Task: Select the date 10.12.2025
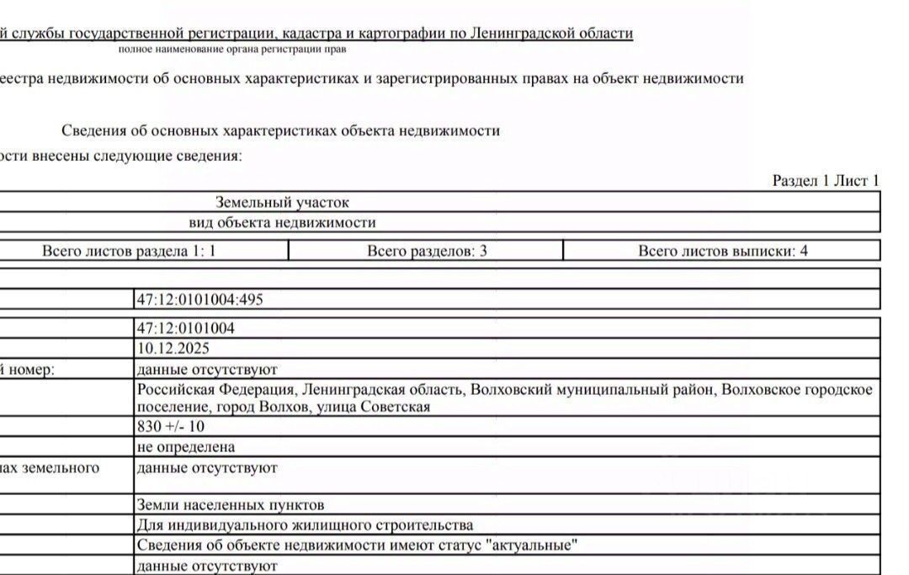click(x=173, y=348)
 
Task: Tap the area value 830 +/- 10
click(x=170, y=426)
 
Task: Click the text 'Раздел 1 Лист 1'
click(x=825, y=181)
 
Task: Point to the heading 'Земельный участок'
click(x=282, y=202)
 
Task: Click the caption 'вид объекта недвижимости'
click(x=282, y=222)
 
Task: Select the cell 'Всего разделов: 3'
click(x=427, y=251)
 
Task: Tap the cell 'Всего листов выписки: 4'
click(x=722, y=251)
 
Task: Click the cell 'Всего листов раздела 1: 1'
click(x=129, y=251)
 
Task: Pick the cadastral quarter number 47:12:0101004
click(x=185, y=328)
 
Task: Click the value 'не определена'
click(x=185, y=446)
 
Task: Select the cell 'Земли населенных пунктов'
click(x=230, y=505)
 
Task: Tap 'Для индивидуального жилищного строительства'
click(x=304, y=525)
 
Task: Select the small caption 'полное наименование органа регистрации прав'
click(x=231, y=50)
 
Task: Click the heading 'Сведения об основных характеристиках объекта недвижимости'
click(x=280, y=130)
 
